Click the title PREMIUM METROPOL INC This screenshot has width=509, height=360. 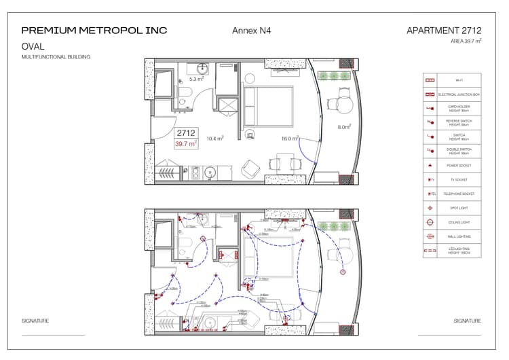click(94, 31)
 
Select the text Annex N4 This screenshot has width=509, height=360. click(251, 31)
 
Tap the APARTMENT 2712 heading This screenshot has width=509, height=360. click(444, 31)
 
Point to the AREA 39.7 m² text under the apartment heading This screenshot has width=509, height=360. click(466, 41)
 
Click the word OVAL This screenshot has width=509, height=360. click(33, 46)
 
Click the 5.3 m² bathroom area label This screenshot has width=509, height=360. click(196, 79)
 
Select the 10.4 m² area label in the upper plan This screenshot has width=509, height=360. click(215, 139)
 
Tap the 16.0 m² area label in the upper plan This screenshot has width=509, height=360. click(290, 139)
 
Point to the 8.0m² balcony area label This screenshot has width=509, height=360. click(344, 127)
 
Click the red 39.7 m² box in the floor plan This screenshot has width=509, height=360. click(186, 144)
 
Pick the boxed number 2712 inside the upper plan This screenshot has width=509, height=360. click(186, 134)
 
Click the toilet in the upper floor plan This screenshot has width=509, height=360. click(184, 94)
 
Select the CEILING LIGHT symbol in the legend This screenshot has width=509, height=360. click(429, 223)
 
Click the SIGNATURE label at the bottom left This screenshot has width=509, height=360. click(35, 321)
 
